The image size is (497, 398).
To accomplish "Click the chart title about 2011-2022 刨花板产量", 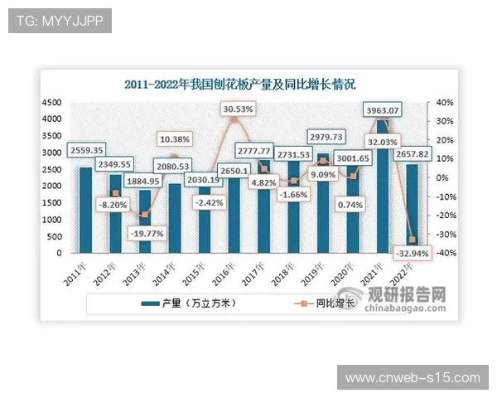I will pyautogui.click(x=240, y=85).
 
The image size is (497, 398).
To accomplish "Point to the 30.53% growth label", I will pyautogui.click(x=239, y=109).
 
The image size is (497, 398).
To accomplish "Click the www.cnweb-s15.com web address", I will pyautogui.click(x=413, y=377).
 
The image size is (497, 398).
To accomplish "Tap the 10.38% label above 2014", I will pyautogui.click(x=176, y=139).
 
